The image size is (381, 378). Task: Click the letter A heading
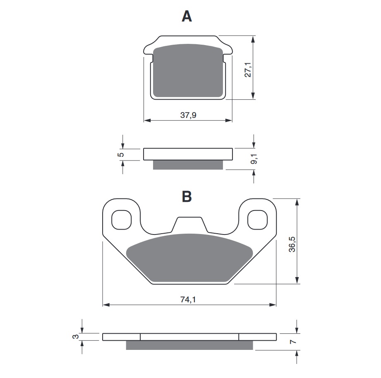pos(187,16)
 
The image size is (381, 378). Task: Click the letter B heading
pos(187,196)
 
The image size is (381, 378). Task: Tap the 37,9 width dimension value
pos(188,115)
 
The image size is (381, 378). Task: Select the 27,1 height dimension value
pos(248,70)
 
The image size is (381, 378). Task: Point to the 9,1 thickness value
pos(254,159)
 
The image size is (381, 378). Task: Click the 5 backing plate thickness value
pos(121,155)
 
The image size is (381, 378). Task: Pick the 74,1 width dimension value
pos(188,299)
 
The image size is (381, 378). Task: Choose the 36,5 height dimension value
pos(292,244)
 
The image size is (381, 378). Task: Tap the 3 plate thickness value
pos(76,337)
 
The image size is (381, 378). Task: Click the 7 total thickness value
pos(293,342)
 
